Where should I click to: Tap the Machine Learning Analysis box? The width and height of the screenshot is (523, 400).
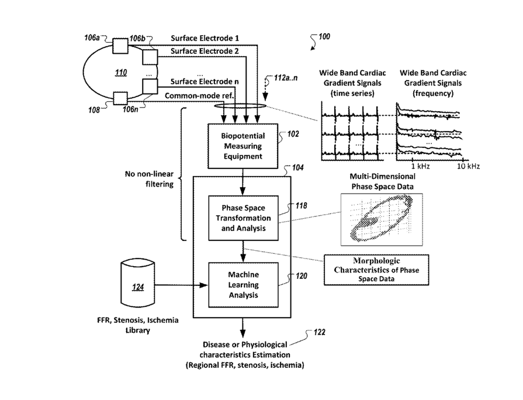(x=242, y=284)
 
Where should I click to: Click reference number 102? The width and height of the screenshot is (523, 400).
(x=293, y=134)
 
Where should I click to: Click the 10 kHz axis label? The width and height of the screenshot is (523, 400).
(x=469, y=167)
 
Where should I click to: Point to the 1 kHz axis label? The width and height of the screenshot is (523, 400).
(x=421, y=167)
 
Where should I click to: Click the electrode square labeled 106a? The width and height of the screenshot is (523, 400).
(x=120, y=46)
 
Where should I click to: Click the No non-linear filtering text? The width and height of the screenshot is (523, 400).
(x=150, y=179)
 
